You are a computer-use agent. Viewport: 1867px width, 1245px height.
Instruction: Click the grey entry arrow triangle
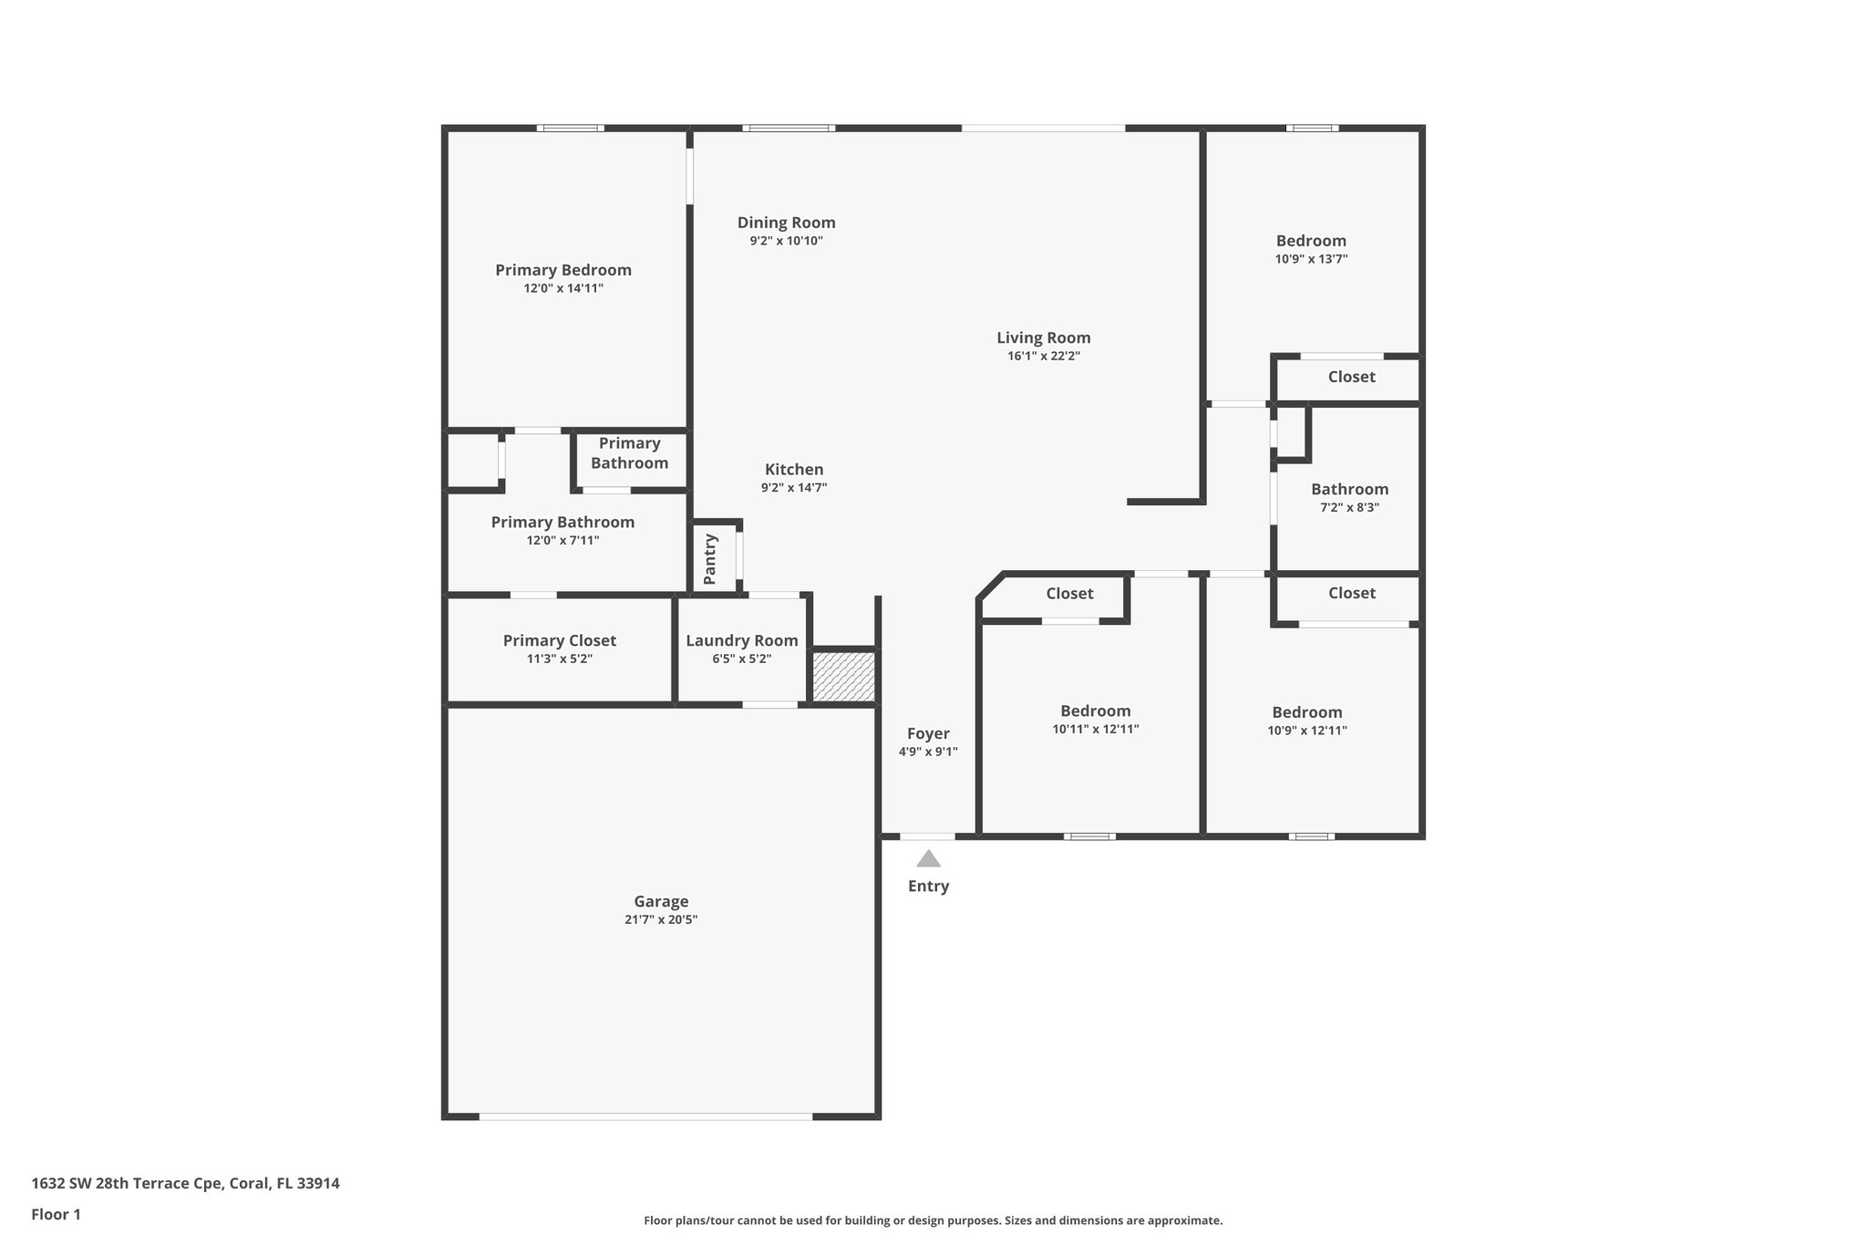point(928,859)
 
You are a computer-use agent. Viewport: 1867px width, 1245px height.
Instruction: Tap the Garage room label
point(661,902)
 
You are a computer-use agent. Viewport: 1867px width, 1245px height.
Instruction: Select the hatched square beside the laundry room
point(843,676)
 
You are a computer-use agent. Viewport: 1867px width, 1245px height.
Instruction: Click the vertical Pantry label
point(711,559)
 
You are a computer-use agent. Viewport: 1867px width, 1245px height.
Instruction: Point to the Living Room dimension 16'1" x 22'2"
point(1043,357)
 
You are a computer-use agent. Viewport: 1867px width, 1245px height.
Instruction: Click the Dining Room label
point(786,223)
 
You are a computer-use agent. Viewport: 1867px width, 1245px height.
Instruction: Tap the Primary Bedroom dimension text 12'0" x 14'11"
point(562,289)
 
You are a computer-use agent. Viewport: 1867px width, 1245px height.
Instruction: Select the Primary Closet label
point(559,641)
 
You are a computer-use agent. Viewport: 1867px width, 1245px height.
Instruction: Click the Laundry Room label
point(741,641)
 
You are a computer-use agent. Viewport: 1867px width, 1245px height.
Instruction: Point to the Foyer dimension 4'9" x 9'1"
point(928,752)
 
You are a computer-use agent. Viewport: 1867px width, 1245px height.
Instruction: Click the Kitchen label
point(793,470)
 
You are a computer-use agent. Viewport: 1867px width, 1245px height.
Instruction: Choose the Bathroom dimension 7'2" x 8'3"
point(1349,508)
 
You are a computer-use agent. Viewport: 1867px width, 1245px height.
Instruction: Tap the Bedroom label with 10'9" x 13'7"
point(1311,241)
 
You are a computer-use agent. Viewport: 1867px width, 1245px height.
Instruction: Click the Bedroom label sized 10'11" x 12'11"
point(1095,711)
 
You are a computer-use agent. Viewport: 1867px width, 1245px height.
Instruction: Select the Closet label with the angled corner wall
point(1068,594)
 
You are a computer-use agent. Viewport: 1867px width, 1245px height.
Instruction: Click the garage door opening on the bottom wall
point(645,1116)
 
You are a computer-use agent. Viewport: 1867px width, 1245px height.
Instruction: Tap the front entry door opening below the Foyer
point(927,836)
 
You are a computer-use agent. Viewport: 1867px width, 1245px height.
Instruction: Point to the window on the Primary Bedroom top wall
point(570,129)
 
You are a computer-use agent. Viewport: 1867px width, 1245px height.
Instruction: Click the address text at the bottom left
point(185,1184)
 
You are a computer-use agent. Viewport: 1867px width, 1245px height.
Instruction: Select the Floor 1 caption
point(56,1215)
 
